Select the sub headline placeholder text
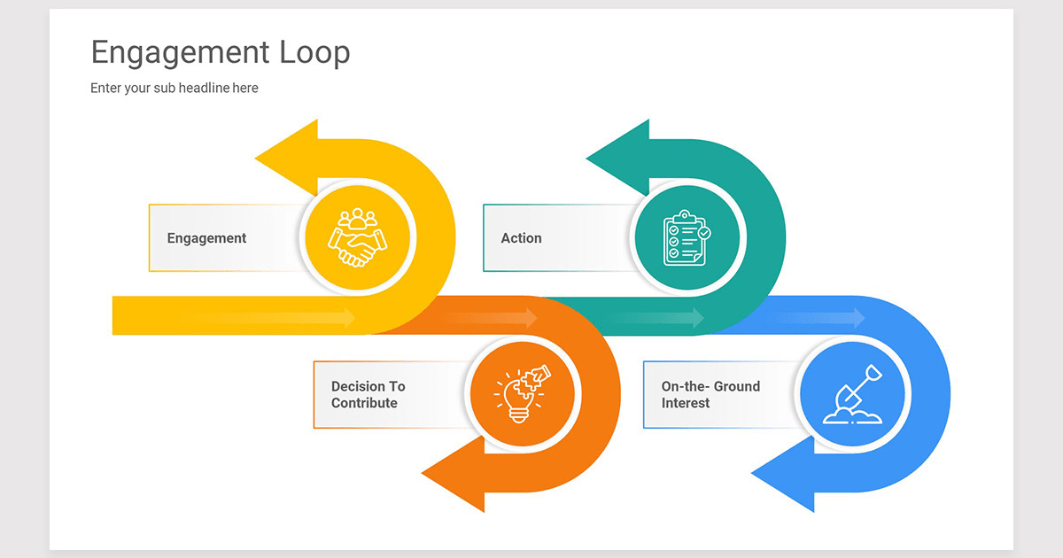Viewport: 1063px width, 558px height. tap(175, 88)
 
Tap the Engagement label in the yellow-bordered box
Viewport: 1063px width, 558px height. tap(206, 238)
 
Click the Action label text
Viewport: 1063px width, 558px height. tap(521, 238)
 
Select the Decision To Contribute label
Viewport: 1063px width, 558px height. tap(368, 395)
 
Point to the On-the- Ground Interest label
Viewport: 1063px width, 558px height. tap(710, 395)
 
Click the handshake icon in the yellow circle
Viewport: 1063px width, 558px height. tap(357, 237)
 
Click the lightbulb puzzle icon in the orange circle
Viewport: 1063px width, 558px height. tap(523, 394)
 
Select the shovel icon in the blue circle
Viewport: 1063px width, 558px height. tap(851, 394)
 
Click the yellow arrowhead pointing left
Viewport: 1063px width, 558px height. tap(288, 158)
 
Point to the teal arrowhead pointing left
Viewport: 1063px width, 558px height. tap(619, 158)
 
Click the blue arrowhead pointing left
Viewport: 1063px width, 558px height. tap(784, 475)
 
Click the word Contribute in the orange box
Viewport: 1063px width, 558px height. tap(364, 403)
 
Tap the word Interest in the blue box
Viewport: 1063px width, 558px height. tap(686, 403)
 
